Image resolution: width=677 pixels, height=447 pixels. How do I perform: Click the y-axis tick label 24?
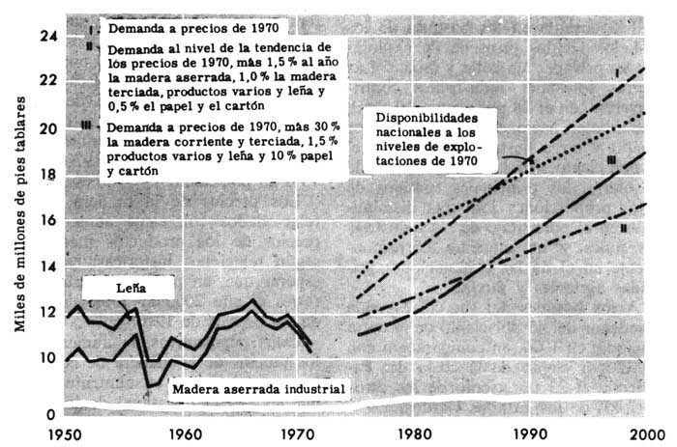(x=45, y=37)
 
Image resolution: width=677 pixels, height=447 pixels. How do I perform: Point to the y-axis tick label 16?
(x=45, y=221)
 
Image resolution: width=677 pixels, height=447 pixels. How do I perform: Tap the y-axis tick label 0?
(x=50, y=414)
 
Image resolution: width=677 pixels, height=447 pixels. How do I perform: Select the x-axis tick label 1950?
(x=65, y=433)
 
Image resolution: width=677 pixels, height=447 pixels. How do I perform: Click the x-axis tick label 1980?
(x=415, y=433)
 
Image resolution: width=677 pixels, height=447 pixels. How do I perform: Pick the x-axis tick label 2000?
(x=647, y=433)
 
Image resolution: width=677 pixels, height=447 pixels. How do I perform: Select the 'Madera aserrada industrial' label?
(x=258, y=389)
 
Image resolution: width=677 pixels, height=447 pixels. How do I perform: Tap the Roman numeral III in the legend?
(x=87, y=126)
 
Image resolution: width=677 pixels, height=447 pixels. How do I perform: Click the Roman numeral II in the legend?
(x=89, y=45)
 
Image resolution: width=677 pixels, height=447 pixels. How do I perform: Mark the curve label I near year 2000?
(x=616, y=72)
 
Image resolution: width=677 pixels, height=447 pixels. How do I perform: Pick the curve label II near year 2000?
(x=624, y=229)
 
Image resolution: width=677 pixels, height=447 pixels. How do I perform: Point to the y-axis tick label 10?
(x=45, y=358)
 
